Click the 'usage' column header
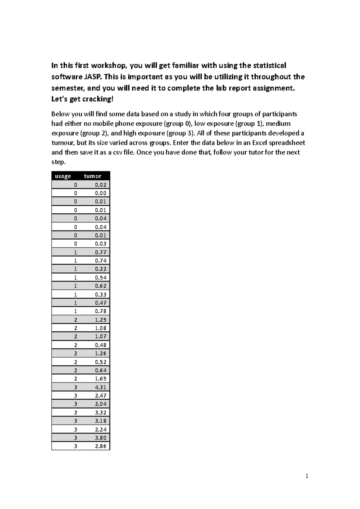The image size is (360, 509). point(63,176)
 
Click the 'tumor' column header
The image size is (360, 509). point(92,176)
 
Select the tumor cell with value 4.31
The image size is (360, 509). point(100,387)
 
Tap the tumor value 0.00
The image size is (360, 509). point(100,193)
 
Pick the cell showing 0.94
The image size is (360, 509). point(100,277)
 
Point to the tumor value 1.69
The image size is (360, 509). point(100,379)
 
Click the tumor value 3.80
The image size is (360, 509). point(100,438)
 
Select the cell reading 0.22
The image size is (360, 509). point(100,269)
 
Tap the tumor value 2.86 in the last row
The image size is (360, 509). point(100,446)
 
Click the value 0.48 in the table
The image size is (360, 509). point(100,345)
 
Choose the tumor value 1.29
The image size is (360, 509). point(100,320)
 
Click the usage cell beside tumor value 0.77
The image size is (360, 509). point(75,252)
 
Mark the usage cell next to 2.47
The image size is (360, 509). point(75,395)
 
